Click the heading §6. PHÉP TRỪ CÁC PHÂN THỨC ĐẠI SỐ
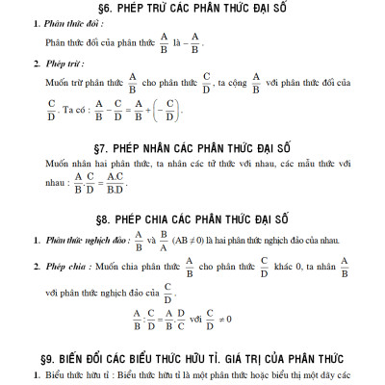(x=192, y=11)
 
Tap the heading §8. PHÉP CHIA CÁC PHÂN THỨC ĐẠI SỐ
(x=192, y=219)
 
